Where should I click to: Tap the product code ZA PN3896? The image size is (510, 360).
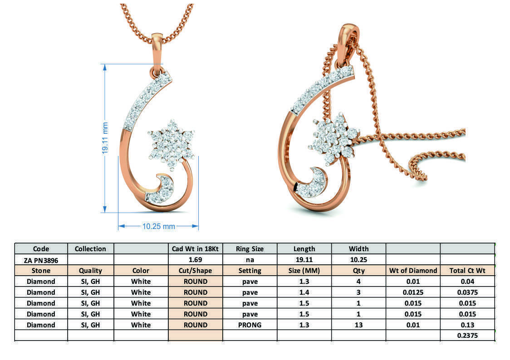[41, 260]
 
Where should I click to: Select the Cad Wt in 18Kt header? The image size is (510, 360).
[195, 248]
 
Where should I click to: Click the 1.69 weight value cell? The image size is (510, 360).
[195, 260]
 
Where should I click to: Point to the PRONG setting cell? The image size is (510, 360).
[250, 325]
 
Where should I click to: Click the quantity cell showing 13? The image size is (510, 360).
[358, 325]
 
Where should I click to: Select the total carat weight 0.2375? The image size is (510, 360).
[467, 336]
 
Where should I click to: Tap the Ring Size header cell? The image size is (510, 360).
[250, 248]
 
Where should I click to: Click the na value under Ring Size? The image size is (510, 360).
[250, 260]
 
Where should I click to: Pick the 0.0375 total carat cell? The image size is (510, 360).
[467, 292]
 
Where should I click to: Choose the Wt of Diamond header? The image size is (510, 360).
[413, 271]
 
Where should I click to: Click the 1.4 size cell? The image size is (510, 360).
[304, 292]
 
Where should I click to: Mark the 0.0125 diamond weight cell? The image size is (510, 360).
[413, 292]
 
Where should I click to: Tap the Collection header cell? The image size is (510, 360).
[90, 248]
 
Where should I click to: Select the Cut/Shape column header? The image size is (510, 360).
[195, 271]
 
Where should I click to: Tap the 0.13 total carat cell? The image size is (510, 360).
[467, 325]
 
